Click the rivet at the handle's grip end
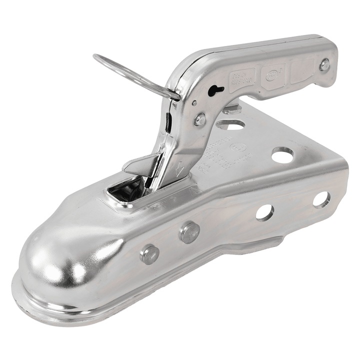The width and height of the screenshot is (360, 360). pos(324,64)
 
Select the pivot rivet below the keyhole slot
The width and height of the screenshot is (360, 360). pos(200,119)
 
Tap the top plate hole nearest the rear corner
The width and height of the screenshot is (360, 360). pos(283,155)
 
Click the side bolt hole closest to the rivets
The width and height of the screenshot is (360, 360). pos(264,212)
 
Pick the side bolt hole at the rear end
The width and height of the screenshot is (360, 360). pos(321,199)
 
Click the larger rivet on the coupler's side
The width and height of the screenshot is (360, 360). pos(189,232)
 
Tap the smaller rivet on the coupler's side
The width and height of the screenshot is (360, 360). pos(149,254)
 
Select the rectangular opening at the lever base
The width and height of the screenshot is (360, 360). pos(127,190)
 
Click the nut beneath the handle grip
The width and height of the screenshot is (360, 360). pos(231,108)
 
